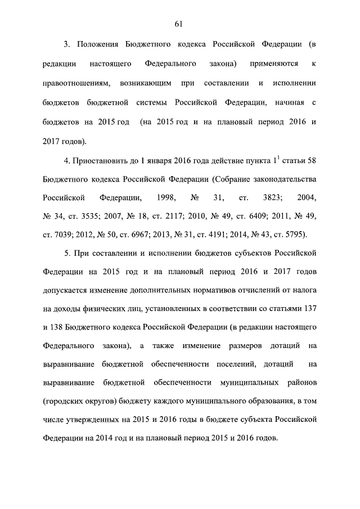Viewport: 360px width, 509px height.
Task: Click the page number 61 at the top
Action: click(x=179, y=24)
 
